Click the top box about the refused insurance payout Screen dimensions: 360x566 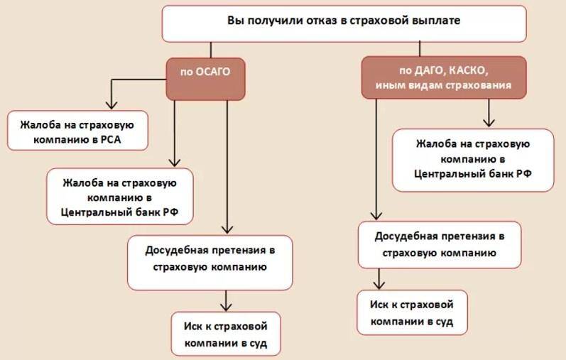(344, 23)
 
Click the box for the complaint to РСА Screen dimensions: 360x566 (77, 131)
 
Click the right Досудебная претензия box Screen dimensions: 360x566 (439, 244)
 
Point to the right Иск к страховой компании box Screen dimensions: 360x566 (412, 312)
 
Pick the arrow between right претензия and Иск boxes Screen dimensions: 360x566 (376, 282)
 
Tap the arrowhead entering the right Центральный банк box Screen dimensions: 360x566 (487, 122)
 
